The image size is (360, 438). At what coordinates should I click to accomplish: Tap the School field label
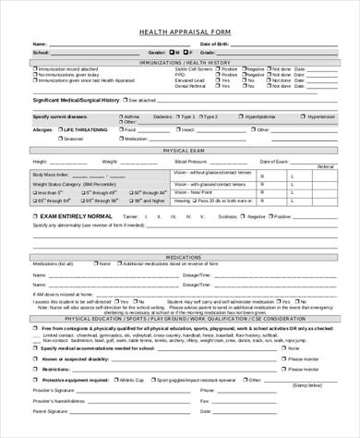coord(41,53)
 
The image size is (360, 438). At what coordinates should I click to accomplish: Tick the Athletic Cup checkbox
coord(114,380)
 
